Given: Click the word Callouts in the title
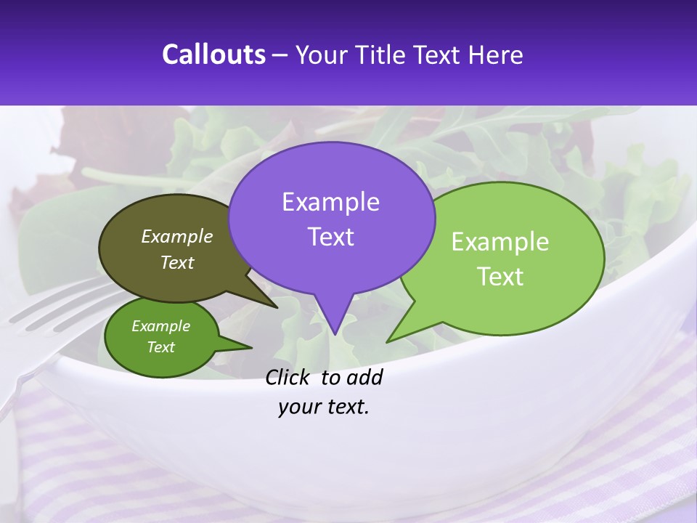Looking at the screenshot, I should click(214, 54).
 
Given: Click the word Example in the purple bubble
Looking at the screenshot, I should click(331, 202).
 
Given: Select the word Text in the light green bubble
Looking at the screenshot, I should click(500, 277).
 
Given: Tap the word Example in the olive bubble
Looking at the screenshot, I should click(177, 236).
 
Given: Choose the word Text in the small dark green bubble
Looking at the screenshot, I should click(161, 347).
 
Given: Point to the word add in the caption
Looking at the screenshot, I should click(364, 377).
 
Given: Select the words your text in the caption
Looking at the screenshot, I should click(324, 407).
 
